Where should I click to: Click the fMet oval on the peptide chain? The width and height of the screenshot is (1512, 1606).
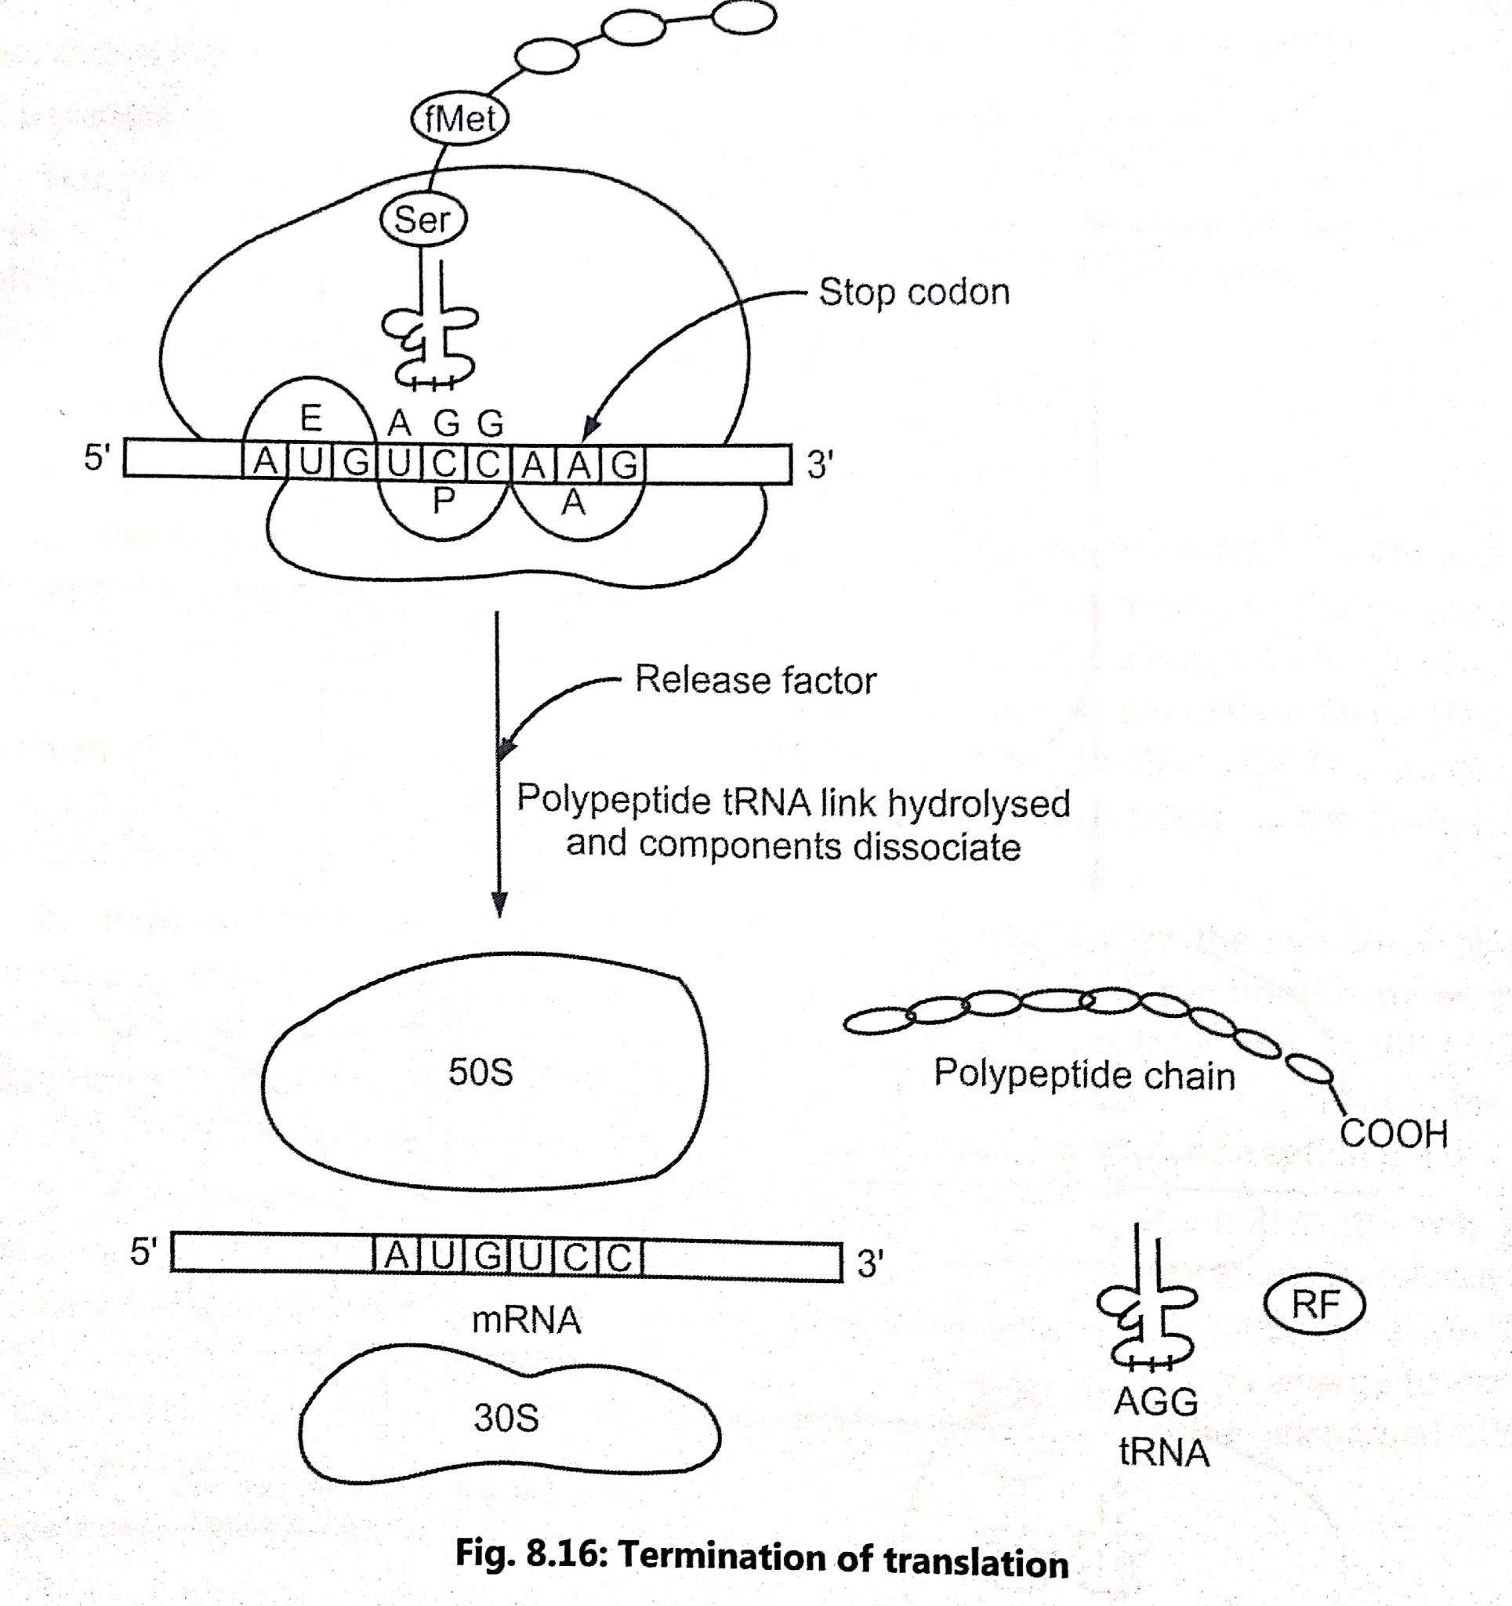(459, 119)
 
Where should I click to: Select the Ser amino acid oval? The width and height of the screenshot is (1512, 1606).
(423, 220)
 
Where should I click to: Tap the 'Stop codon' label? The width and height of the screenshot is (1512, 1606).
(913, 292)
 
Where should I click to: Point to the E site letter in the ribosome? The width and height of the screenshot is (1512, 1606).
(311, 420)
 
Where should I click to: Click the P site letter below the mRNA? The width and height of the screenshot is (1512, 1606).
(443, 502)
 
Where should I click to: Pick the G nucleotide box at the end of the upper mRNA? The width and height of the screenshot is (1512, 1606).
(625, 464)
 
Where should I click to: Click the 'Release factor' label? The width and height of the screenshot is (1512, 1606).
(755, 680)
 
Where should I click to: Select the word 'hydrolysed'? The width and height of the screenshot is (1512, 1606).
(979, 803)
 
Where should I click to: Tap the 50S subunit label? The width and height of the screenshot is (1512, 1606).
(480, 1073)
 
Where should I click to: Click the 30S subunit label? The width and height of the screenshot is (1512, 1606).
(506, 1419)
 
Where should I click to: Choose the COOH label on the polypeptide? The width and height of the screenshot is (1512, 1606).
(1394, 1134)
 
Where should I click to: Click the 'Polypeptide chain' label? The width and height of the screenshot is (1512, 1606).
(1084, 1075)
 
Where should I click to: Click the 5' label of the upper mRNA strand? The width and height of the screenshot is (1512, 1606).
(96, 458)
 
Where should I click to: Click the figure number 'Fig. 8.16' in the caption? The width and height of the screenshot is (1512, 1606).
(529, 1556)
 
